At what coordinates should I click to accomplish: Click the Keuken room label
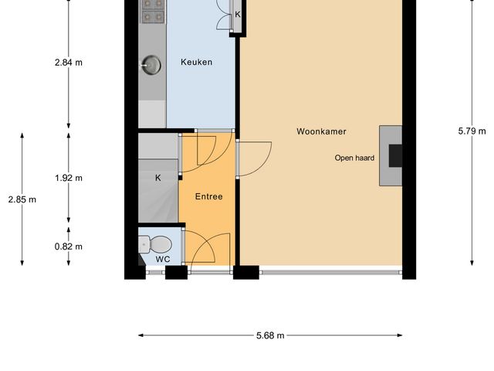pyautogui.click(x=196, y=63)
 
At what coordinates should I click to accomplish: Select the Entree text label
pyautogui.click(x=208, y=196)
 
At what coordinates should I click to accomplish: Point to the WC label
pyautogui.click(x=162, y=259)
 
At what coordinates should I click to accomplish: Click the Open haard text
pyautogui.click(x=354, y=158)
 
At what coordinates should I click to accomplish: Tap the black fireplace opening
pyautogui.click(x=394, y=156)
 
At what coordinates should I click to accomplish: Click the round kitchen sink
pyautogui.click(x=151, y=65)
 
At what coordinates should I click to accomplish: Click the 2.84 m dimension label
pyautogui.click(x=69, y=63)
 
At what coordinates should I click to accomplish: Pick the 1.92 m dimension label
pyautogui.click(x=69, y=178)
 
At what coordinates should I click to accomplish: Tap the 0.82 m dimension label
pyautogui.click(x=69, y=247)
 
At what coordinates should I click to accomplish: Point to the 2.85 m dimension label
pyautogui.click(x=22, y=199)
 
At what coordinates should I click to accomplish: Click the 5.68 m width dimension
pyautogui.click(x=270, y=335)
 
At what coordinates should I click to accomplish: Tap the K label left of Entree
pyautogui.click(x=158, y=178)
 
